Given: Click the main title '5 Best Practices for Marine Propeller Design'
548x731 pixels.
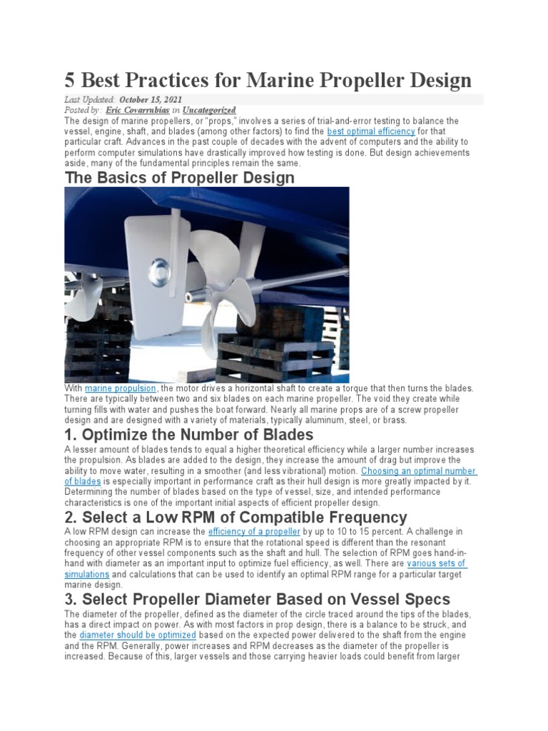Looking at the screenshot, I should point(268,79).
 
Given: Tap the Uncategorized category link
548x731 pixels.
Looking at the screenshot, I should point(208,111).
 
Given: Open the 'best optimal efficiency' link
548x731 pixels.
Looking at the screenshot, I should point(370,132).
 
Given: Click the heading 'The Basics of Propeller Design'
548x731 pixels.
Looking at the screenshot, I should point(179,177).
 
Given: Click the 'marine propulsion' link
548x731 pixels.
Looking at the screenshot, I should point(121,388).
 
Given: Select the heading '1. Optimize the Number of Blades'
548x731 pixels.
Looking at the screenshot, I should point(189,434).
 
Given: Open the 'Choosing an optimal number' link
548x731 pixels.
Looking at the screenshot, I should point(419,471).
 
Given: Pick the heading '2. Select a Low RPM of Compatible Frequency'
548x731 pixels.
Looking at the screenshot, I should point(235,517).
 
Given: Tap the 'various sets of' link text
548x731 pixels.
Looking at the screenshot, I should point(437,564).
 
